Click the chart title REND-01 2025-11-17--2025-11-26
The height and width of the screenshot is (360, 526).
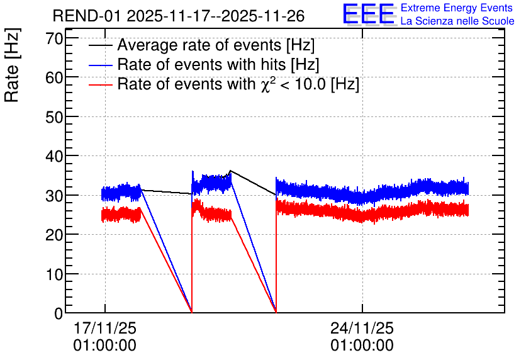(179, 16)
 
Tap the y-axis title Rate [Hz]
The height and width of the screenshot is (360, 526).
(12, 65)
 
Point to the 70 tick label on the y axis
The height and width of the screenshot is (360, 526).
(54, 38)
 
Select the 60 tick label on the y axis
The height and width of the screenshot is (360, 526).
(54, 78)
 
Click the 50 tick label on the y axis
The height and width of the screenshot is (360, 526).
(54, 117)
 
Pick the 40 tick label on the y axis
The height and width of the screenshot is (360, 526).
(54, 156)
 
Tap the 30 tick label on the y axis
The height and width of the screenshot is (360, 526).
(54, 196)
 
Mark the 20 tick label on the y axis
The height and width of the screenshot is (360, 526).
(54, 235)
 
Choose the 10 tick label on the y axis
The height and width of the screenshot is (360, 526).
(54, 274)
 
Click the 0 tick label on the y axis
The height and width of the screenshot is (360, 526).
(59, 313)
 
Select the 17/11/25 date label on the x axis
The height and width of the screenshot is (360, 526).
(105, 328)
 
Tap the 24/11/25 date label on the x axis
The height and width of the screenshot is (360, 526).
(362, 328)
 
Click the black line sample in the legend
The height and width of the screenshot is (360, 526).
(100, 45)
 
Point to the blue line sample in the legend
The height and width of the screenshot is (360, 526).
(100, 65)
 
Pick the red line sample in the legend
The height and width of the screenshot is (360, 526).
(100, 84)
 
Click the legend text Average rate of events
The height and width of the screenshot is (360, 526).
(199, 45)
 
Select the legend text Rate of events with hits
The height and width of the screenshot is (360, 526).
(201, 64)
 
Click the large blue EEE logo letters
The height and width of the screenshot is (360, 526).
(369, 14)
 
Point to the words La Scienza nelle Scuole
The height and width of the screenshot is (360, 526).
(457, 21)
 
